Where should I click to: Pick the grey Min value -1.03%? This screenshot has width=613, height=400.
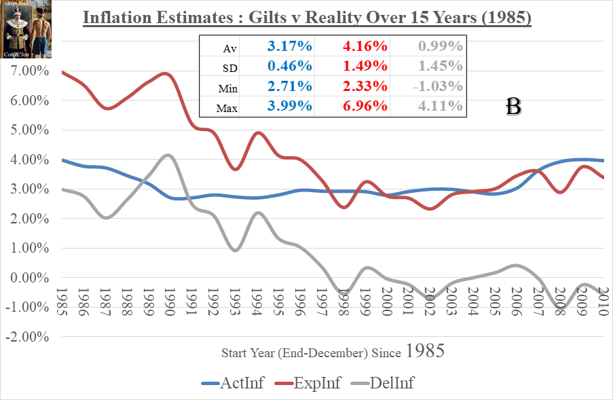(x=439, y=86)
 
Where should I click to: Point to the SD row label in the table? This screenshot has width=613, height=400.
(x=230, y=68)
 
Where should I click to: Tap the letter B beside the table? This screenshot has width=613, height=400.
(x=513, y=107)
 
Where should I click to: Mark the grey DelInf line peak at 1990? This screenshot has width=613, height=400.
(x=169, y=156)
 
